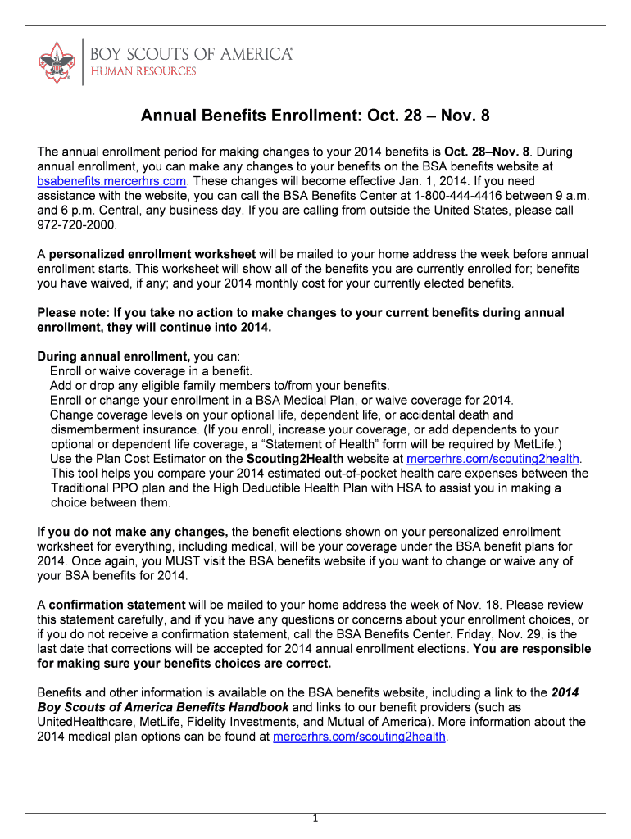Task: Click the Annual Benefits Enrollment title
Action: click(x=315, y=116)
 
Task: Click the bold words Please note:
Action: click(x=73, y=313)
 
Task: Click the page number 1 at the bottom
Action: click(x=315, y=819)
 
